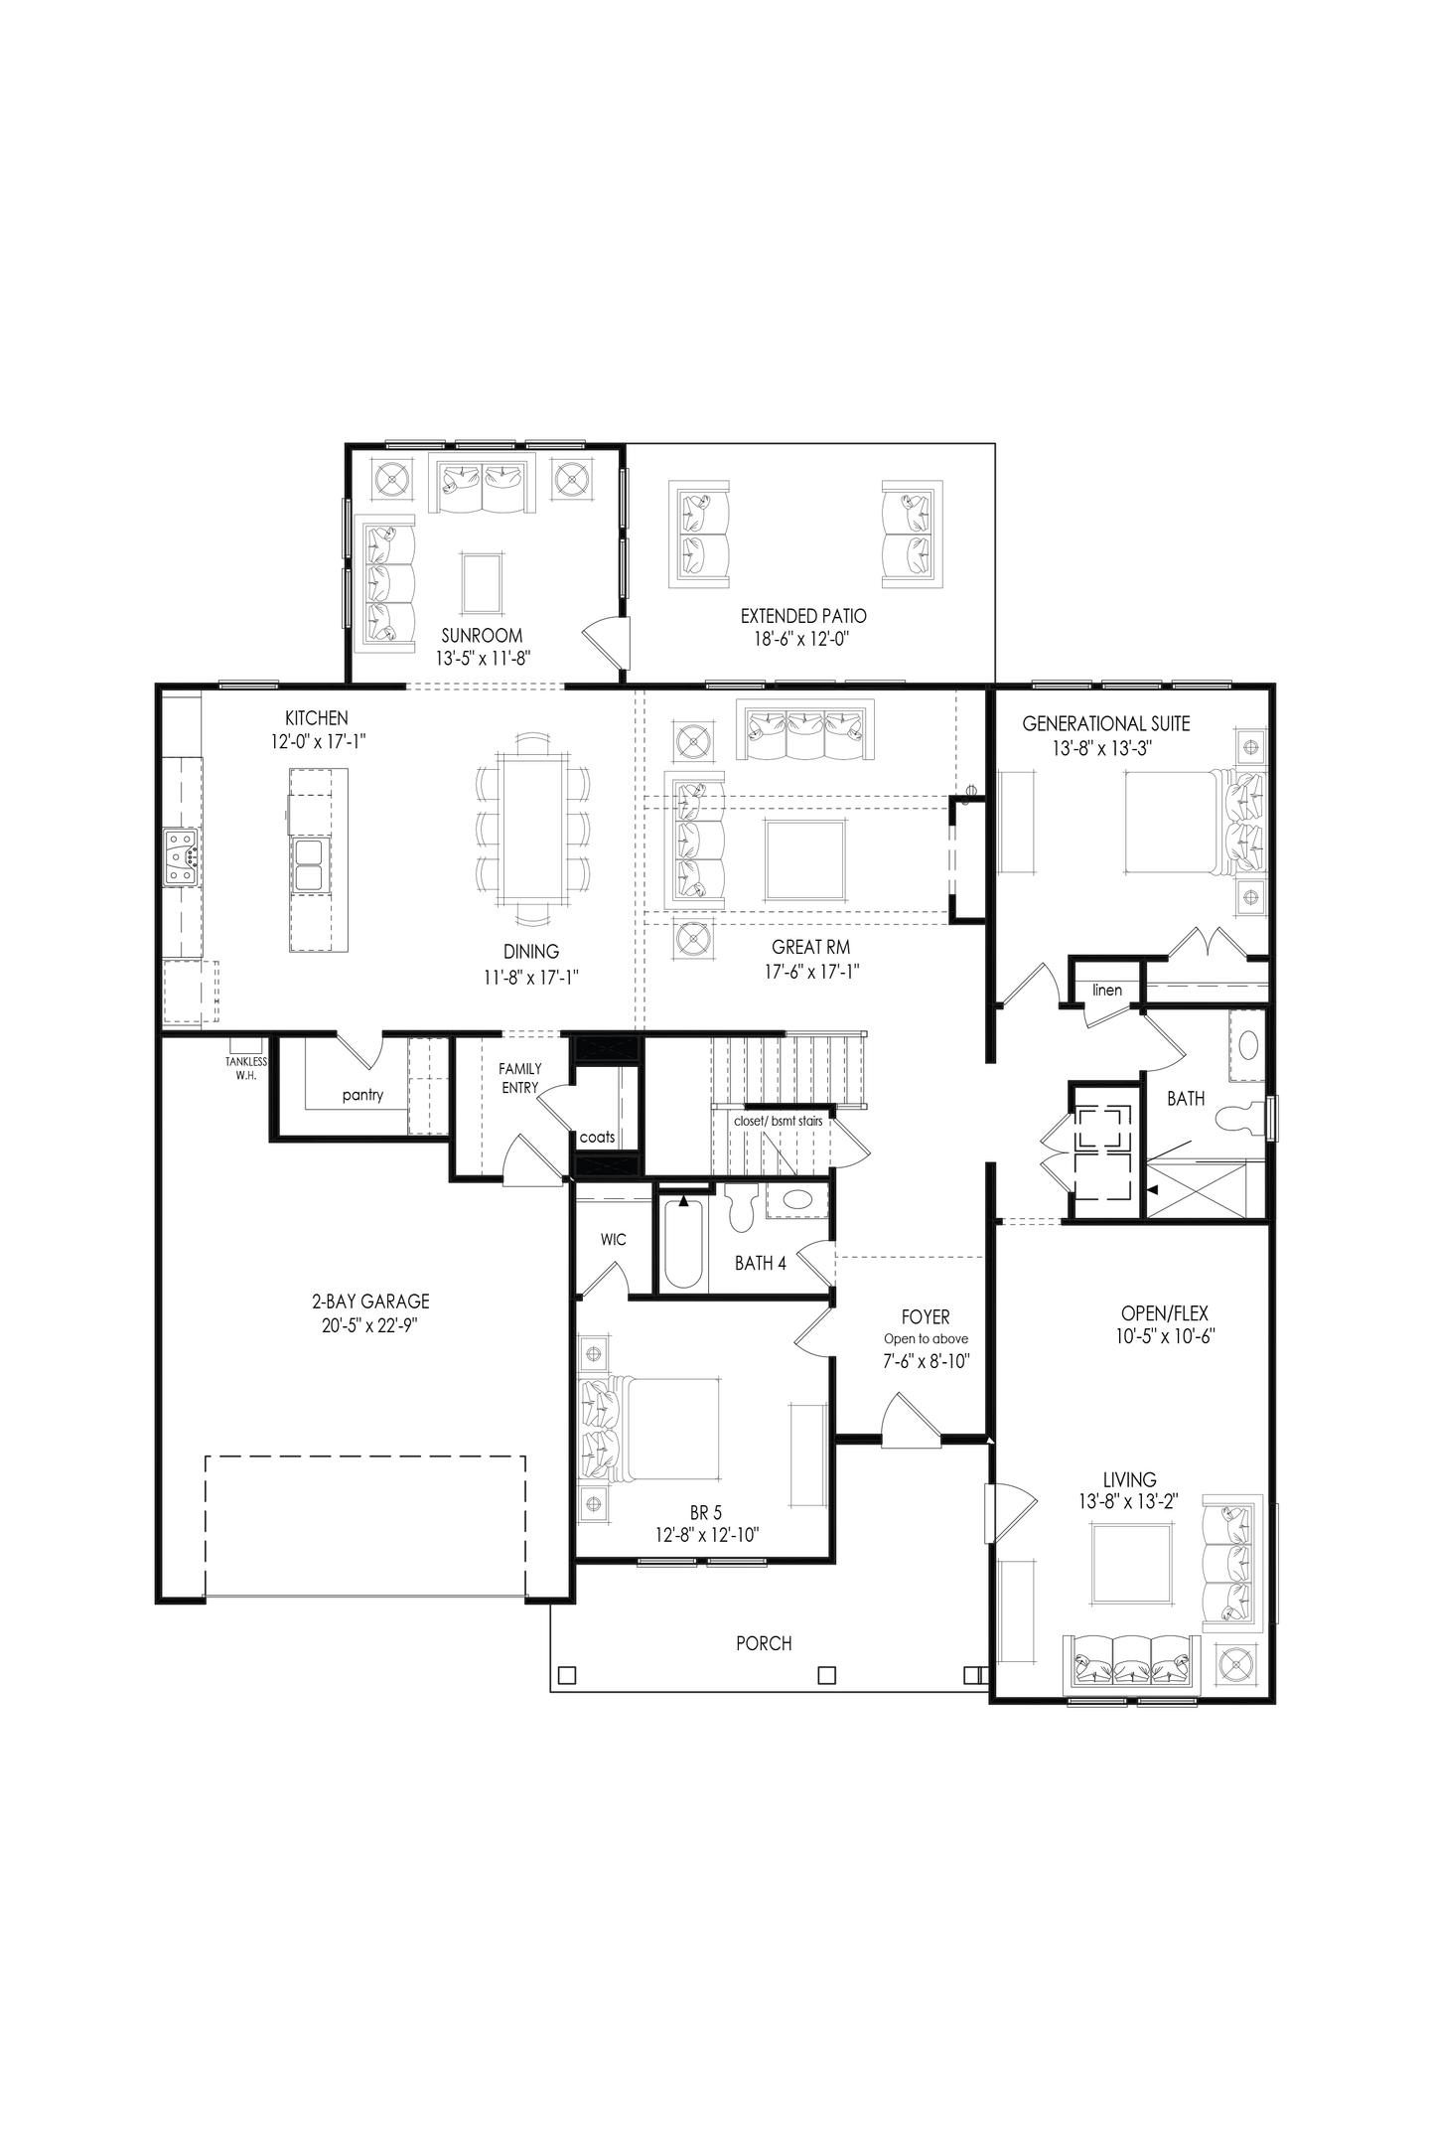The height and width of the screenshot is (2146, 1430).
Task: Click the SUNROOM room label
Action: point(482,636)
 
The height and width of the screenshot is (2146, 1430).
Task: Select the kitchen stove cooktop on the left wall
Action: point(181,856)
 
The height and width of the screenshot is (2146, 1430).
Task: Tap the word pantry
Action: point(362,1096)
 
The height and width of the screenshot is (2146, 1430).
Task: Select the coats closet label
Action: point(597,1137)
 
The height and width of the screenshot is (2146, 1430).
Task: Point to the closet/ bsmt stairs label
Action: point(778,1121)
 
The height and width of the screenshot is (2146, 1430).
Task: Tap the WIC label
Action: point(613,1240)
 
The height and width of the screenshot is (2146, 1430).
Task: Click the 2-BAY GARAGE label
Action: point(369,1302)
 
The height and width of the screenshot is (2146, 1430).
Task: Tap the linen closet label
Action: point(1106,990)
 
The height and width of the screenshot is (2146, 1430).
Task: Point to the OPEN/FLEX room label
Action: point(1164,1313)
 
